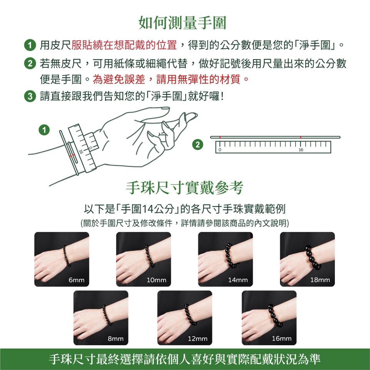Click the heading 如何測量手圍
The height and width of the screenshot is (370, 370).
pos(182,23)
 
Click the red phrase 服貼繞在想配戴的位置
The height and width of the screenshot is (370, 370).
pos(124,45)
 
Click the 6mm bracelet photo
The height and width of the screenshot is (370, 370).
pos(62,259)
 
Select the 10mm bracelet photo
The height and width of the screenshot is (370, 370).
pos(143,259)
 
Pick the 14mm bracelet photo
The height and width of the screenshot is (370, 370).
pos(225,259)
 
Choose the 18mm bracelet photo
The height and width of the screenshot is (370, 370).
pos(307,259)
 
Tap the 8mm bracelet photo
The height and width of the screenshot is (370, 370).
pos(101,318)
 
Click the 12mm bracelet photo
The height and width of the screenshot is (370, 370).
pos(185,318)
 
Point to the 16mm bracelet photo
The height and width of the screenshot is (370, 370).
pos(269,318)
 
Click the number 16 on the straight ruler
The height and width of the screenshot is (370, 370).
pos(300,150)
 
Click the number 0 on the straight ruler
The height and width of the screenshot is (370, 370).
pos(220,150)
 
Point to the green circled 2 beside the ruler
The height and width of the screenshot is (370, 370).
pos(198,145)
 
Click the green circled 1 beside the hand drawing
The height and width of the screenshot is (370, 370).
pos(46,130)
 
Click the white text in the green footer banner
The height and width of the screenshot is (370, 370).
pos(185,359)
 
